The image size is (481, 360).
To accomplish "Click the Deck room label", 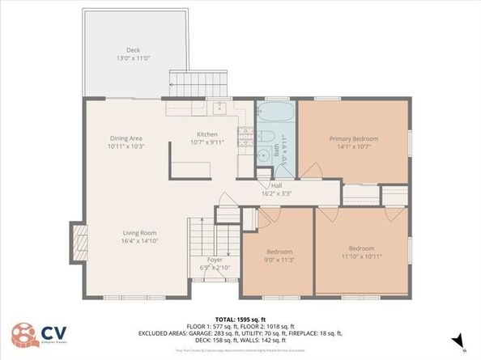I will [x=133, y=50].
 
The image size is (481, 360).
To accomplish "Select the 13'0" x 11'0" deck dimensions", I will [x=133, y=58].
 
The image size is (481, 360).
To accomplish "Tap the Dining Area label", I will [x=126, y=138].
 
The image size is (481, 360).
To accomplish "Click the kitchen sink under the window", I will [x=218, y=107].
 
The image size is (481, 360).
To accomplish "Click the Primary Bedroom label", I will [x=353, y=138].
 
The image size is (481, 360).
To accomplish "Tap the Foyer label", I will [x=215, y=260].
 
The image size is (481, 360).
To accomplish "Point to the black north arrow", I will [x=458, y=341].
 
